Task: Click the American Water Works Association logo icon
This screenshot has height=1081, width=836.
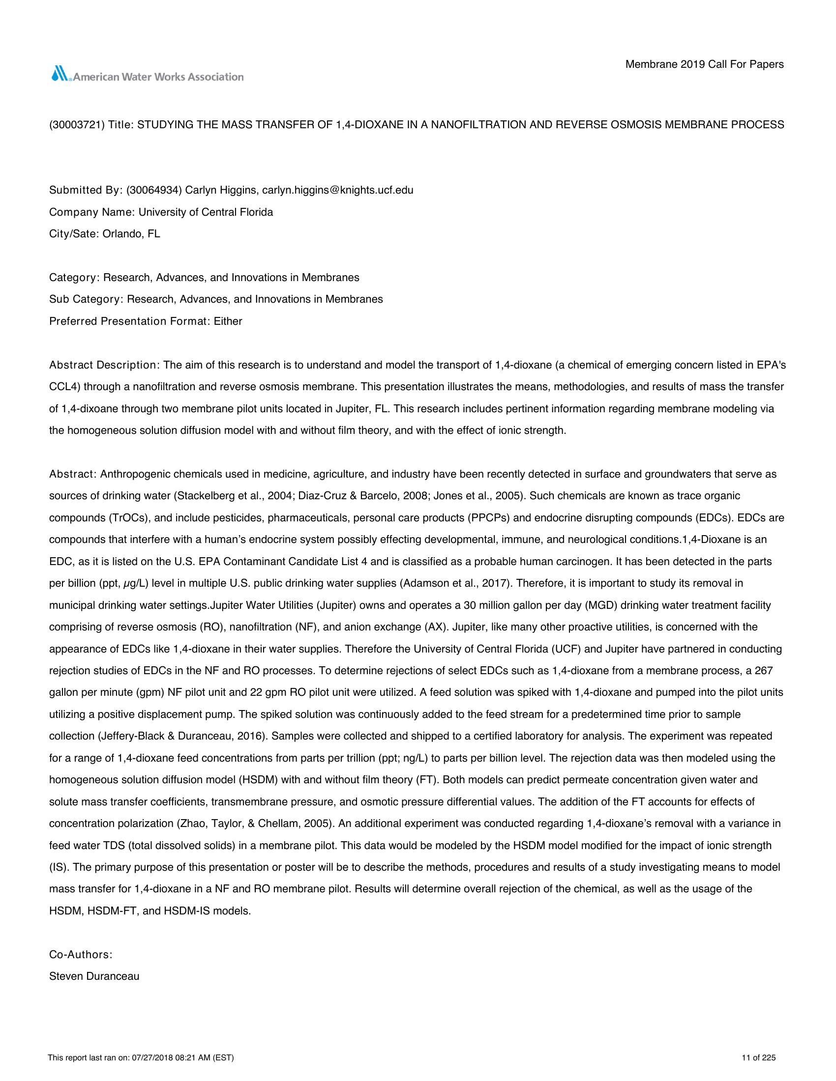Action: (x=60, y=74)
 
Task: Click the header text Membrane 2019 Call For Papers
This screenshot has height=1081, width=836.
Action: (x=704, y=64)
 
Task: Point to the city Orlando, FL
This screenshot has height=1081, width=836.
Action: (x=131, y=234)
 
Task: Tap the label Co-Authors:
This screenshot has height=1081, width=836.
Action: (x=81, y=955)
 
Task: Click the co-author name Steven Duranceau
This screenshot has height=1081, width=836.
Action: (x=94, y=976)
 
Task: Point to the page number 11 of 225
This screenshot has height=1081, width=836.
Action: (x=758, y=1054)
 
